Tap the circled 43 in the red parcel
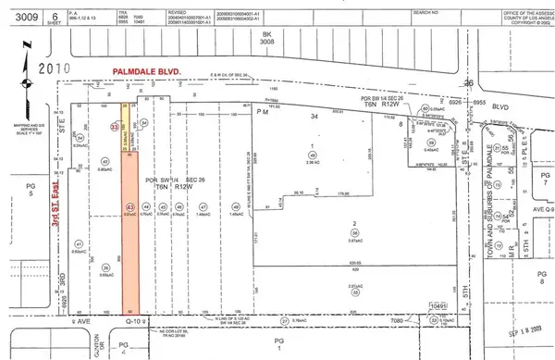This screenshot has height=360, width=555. [129, 206]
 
